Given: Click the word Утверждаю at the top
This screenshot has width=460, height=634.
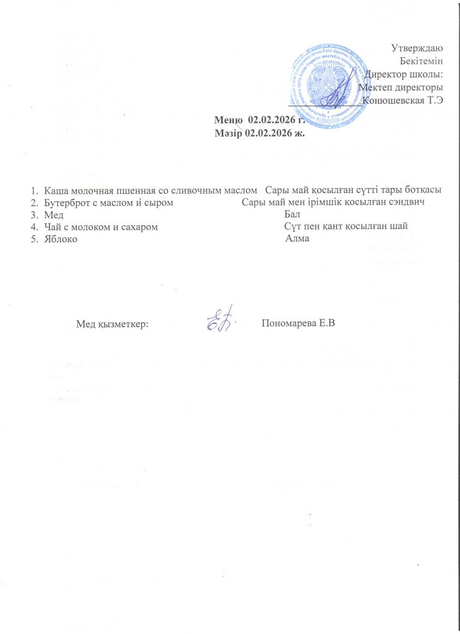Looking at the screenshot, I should pyautogui.click(x=417, y=48).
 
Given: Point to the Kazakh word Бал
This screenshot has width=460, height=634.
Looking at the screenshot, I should pyautogui.click(x=292, y=215).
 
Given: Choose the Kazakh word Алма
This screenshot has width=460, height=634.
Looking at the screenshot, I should pyautogui.click(x=297, y=240).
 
